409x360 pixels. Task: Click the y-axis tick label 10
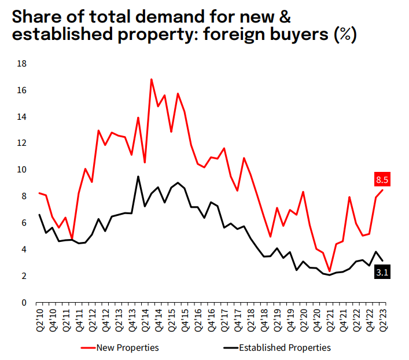click(23, 170)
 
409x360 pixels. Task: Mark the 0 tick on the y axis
click(24, 302)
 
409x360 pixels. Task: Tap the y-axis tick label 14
click(23, 116)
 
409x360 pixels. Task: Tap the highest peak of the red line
click(151, 79)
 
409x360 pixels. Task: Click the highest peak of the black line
click(138, 177)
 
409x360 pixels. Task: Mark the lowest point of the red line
click(329, 271)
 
